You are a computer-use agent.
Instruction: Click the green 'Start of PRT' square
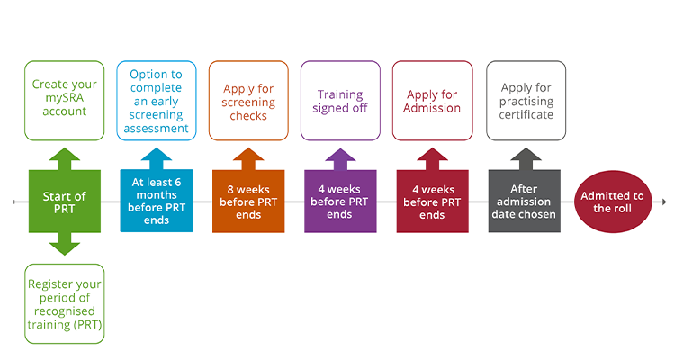click(x=65, y=202)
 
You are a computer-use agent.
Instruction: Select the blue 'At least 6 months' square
click(x=157, y=202)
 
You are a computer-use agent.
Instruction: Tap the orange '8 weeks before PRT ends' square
click(x=248, y=202)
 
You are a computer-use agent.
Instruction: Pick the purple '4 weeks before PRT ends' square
click(x=340, y=202)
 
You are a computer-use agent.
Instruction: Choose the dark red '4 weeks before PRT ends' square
click(x=432, y=202)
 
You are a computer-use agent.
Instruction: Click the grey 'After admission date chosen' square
click(x=524, y=202)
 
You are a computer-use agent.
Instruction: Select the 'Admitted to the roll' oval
click(x=613, y=202)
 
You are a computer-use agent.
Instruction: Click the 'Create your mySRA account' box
click(x=65, y=100)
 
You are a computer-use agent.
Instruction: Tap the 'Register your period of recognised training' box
click(x=65, y=303)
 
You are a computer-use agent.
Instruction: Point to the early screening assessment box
click(x=157, y=100)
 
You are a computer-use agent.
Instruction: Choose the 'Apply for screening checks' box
click(x=248, y=100)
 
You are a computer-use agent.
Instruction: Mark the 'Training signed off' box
click(x=340, y=100)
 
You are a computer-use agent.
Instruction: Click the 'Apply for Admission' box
click(x=432, y=100)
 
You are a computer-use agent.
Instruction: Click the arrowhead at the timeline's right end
click(x=663, y=202)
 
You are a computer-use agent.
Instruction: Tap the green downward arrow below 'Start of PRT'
click(x=65, y=245)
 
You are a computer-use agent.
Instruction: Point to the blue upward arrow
click(x=157, y=157)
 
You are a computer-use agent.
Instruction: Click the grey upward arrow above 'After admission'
click(x=524, y=157)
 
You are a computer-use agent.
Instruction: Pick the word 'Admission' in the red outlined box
click(x=432, y=109)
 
